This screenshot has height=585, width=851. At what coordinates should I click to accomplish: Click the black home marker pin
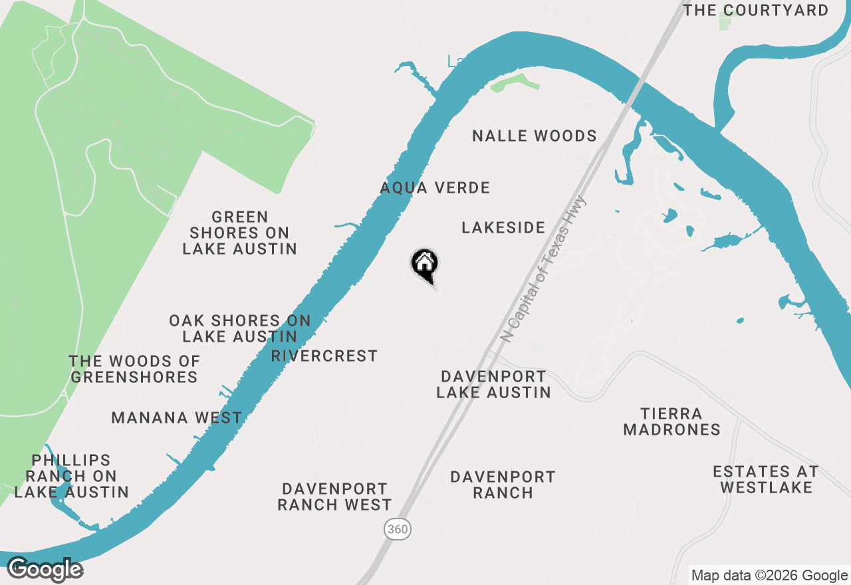click(424, 264)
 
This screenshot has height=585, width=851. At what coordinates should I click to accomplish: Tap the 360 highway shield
click(397, 529)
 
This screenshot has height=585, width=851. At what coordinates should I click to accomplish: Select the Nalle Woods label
click(535, 136)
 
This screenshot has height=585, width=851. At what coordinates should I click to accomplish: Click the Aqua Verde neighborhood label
click(435, 188)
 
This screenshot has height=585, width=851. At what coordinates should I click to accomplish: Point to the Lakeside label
click(503, 228)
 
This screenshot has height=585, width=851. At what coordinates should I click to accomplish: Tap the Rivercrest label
click(324, 356)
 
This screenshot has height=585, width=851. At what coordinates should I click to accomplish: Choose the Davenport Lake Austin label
click(493, 385)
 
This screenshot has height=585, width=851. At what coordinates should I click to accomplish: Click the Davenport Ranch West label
click(334, 497)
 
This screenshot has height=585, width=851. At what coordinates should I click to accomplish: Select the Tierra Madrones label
click(671, 422)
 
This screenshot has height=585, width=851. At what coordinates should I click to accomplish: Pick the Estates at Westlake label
click(766, 479)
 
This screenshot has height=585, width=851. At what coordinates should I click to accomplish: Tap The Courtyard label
click(756, 11)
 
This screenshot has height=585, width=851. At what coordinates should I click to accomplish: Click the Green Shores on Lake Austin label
click(239, 233)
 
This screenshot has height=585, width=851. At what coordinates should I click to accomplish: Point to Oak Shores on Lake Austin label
click(239, 329)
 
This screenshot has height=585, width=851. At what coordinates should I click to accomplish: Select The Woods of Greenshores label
click(134, 370)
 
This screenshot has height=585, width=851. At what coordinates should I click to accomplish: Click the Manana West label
click(176, 418)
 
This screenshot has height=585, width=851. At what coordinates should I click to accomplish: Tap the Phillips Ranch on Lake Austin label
click(71, 477)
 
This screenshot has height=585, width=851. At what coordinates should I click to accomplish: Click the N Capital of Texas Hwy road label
click(544, 269)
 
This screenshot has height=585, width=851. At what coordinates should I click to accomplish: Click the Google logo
click(45, 570)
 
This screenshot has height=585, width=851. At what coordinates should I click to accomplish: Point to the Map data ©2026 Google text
click(769, 576)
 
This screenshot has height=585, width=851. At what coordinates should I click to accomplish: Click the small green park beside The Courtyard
click(725, 21)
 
